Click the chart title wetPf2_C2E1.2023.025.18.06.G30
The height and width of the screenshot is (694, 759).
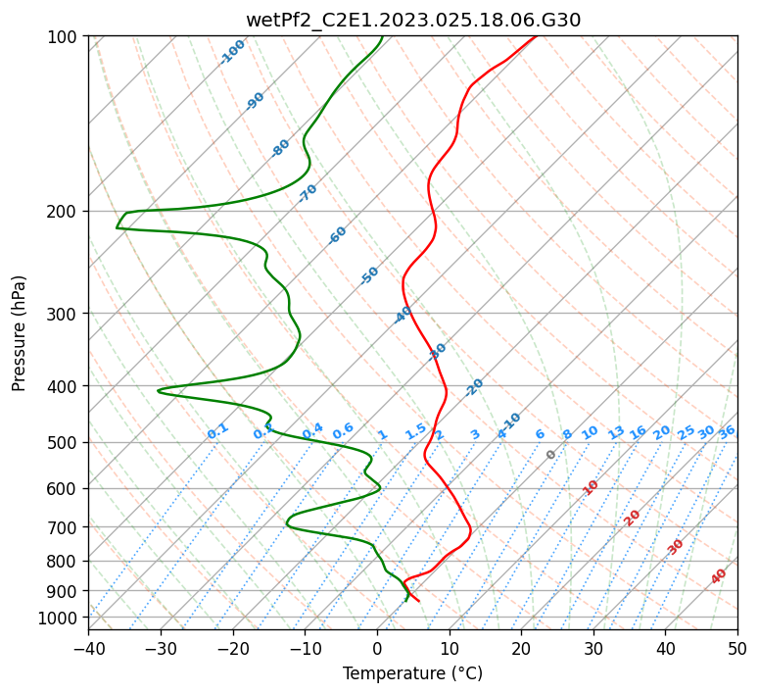click(412, 20)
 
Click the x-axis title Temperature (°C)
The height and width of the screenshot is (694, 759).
click(412, 674)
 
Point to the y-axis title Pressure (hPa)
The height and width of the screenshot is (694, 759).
click(20, 333)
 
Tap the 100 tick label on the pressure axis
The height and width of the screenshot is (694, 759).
click(64, 37)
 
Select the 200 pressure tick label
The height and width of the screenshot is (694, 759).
click(64, 212)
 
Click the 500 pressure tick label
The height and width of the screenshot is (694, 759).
click(64, 443)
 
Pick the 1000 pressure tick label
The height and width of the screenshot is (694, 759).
click(60, 618)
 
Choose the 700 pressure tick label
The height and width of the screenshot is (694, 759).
click(64, 527)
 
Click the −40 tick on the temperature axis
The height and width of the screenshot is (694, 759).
click(88, 648)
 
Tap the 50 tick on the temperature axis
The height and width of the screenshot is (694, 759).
click(737, 648)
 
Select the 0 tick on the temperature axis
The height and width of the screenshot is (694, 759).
click(377, 648)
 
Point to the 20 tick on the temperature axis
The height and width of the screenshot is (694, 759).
click(521, 648)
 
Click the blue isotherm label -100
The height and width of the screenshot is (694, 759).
click(233, 51)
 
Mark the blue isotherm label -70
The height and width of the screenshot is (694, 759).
click(308, 193)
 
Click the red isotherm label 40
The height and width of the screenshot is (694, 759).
click(719, 576)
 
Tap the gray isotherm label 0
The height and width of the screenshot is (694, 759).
click(551, 455)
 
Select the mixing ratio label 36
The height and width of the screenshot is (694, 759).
click(727, 431)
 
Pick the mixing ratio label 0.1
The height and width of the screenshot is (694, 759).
click(217, 431)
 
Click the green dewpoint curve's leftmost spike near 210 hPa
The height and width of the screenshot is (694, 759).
click(117, 228)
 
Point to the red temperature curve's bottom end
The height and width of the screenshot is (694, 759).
click(419, 600)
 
